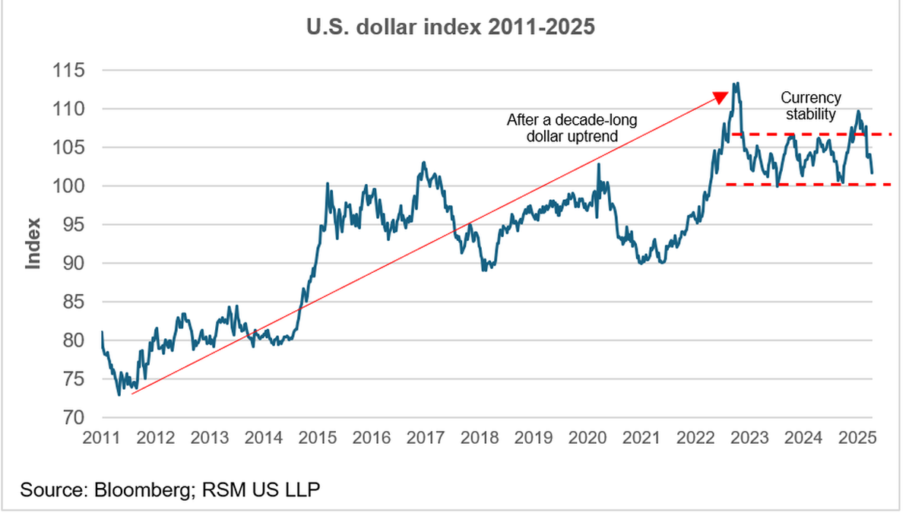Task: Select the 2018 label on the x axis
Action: (480, 438)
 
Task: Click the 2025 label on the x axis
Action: (858, 438)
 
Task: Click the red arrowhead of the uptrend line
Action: (720, 97)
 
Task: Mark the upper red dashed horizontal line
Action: (806, 135)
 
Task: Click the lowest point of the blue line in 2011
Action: (119, 394)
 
